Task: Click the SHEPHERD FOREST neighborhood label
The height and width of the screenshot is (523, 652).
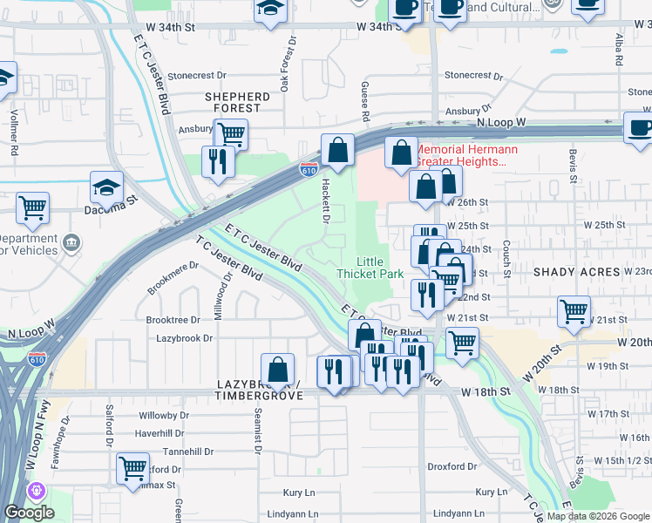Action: [x=237, y=103]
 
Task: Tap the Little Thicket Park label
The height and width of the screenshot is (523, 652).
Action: [x=370, y=268]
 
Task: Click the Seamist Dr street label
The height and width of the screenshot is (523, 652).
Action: [x=258, y=431]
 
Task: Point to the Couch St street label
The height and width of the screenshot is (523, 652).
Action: [x=506, y=254]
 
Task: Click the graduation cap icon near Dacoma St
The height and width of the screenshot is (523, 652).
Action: [x=106, y=187]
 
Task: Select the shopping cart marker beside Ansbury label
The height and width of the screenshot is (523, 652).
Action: [x=230, y=134]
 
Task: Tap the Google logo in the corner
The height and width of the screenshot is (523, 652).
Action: [x=29, y=513]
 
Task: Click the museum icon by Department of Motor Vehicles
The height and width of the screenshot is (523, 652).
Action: [x=71, y=241]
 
